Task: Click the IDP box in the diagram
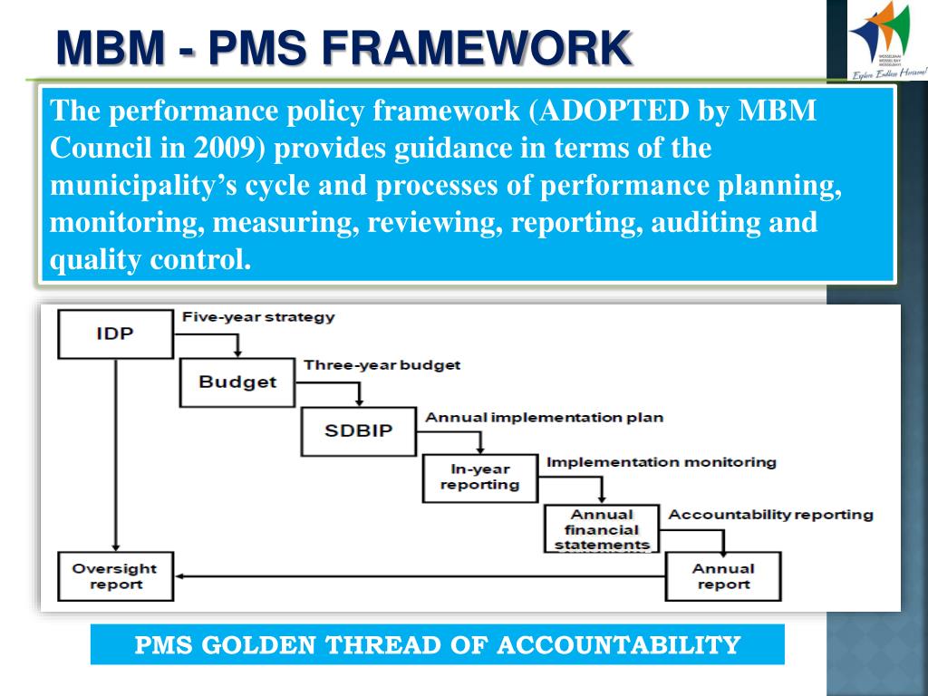click(115, 333)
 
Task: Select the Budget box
click(237, 382)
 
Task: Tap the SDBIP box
click(359, 430)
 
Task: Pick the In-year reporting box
click(479, 477)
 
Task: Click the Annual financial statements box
click(602, 529)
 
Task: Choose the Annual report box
click(722, 576)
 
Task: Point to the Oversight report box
click(115, 576)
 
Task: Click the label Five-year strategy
click(258, 317)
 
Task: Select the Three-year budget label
click(382, 365)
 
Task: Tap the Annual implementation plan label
click(544, 418)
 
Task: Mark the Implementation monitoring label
click(661, 462)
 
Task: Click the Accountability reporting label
click(770, 515)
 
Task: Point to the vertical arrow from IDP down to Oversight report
click(115, 453)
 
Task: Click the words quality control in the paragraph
click(150, 260)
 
